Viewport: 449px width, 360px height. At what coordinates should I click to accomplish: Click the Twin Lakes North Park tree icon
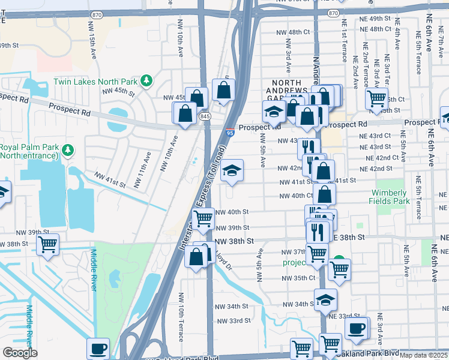tap(145, 81)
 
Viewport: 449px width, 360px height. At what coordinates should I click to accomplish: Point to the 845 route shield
tap(206, 116)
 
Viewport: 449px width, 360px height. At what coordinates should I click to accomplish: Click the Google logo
tap(20, 353)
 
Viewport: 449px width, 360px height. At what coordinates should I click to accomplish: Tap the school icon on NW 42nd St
tap(232, 170)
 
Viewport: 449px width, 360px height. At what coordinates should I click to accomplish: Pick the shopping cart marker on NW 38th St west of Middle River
tap(47, 244)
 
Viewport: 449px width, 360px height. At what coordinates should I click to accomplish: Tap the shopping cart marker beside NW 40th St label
tap(203, 220)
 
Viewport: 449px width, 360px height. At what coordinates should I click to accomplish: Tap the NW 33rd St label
tap(233, 321)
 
